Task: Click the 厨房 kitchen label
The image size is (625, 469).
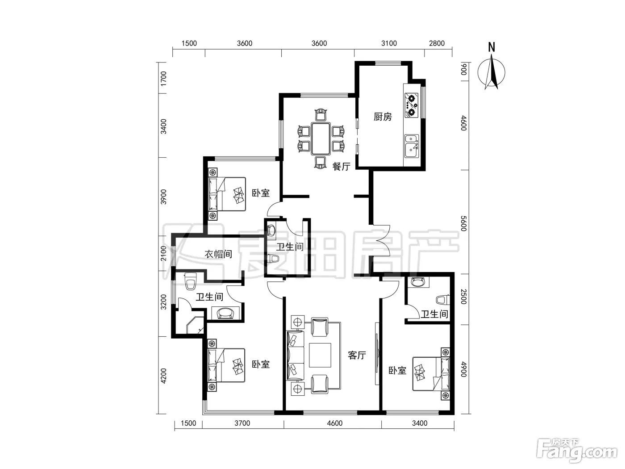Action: click(383, 117)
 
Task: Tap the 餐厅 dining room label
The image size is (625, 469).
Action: click(342, 166)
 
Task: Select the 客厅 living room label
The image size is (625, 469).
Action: click(357, 355)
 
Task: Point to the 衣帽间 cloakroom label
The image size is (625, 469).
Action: click(218, 254)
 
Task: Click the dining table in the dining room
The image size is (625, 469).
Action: click(321, 138)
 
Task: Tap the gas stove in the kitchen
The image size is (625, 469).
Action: click(412, 105)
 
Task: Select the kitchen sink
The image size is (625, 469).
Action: click(412, 147)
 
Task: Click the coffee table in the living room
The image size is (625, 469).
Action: click(320, 355)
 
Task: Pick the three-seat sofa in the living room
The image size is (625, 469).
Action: click(295, 355)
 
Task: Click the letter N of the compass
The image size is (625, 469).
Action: click(492, 47)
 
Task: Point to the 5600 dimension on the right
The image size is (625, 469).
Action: click(463, 223)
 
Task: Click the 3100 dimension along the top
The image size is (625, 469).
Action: click(389, 43)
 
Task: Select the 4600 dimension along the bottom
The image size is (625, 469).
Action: click(334, 423)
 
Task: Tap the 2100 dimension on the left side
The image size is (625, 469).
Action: click(163, 253)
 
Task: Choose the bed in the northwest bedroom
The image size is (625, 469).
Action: click(227, 194)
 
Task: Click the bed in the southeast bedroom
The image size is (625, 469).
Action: click(431, 374)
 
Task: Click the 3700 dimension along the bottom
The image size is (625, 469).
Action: click(242, 423)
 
